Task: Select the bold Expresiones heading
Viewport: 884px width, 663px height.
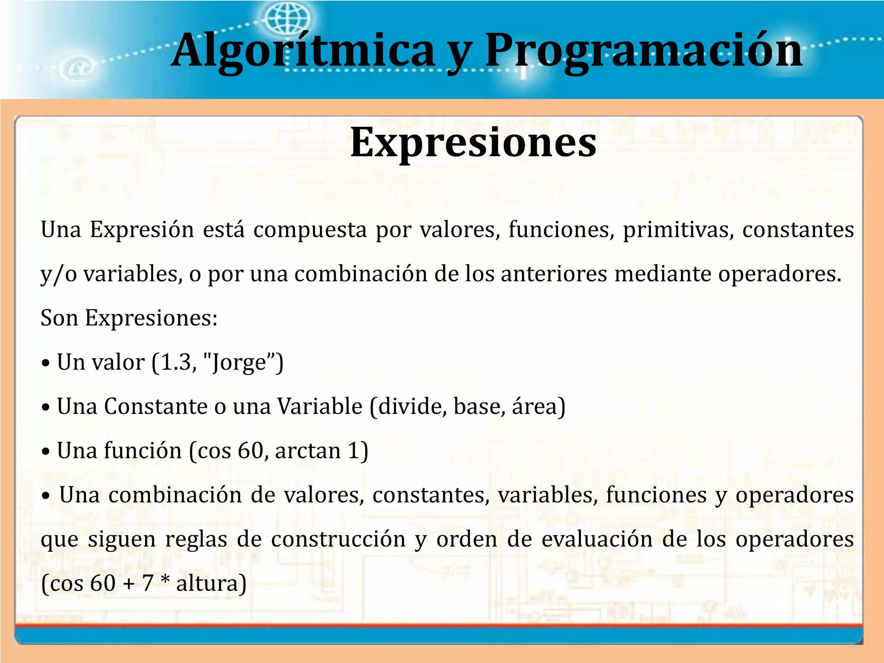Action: click(473, 142)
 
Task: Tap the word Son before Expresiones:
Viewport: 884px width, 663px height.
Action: click(59, 318)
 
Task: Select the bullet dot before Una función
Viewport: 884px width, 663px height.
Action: click(46, 452)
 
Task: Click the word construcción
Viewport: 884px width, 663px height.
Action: click(338, 540)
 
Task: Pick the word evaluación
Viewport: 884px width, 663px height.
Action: click(597, 540)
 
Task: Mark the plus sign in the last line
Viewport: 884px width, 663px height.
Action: click(129, 584)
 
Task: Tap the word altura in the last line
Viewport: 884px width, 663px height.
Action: click(208, 584)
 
